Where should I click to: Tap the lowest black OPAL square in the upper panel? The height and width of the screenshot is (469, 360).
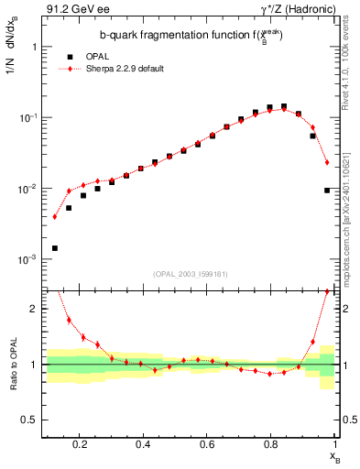[x=55, y=248]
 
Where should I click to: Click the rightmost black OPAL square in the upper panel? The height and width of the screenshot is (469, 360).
[x=327, y=191]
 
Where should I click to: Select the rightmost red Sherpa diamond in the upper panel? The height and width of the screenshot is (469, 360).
[x=327, y=162]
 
